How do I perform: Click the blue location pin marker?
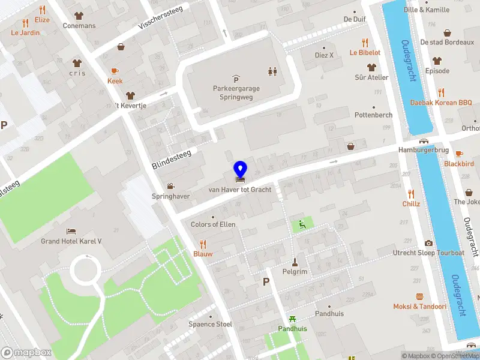click(x=240, y=170)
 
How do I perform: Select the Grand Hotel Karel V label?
click(x=71, y=241)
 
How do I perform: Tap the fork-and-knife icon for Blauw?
click(x=203, y=244)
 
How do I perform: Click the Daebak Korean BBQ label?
click(x=441, y=103)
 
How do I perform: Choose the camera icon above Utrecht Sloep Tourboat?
click(x=428, y=243)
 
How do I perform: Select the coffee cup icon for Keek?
click(x=115, y=71)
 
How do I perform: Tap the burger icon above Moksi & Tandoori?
click(x=420, y=296)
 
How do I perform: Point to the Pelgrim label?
click(x=295, y=272)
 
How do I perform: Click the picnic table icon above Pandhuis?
click(x=292, y=319)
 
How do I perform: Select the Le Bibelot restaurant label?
click(x=365, y=52)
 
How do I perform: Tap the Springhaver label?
click(x=171, y=196)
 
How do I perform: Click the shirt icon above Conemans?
click(x=79, y=16)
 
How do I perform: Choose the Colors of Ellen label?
click(x=213, y=224)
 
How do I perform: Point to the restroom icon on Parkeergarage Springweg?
click(x=273, y=71)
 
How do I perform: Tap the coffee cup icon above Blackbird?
click(x=459, y=154)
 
